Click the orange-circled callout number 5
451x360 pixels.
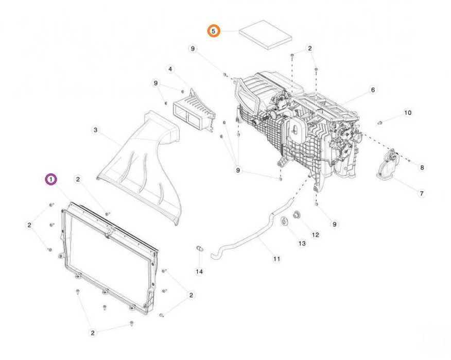(x=214, y=31)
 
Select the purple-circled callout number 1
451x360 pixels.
(x=51, y=180)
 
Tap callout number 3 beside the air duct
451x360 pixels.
(x=95, y=130)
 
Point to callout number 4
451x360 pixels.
(x=170, y=70)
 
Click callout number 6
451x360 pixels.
(x=373, y=90)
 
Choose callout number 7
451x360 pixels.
(x=422, y=193)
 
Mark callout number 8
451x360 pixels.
(x=422, y=167)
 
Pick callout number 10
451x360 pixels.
(x=408, y=113)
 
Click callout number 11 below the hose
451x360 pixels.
(x=276, y=259)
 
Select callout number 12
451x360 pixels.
(x=316, y=235)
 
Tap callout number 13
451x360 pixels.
(x=302, y=244)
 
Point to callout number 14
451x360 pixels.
(x=199, y=271)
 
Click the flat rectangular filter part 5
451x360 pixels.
(x=266, y=35)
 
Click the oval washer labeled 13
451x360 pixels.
(x=285, y=221)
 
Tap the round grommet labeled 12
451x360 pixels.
(x=296, y=214)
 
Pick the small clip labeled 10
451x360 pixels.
(x=379, y=123)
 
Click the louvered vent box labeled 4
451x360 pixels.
(x=194, y=112)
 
